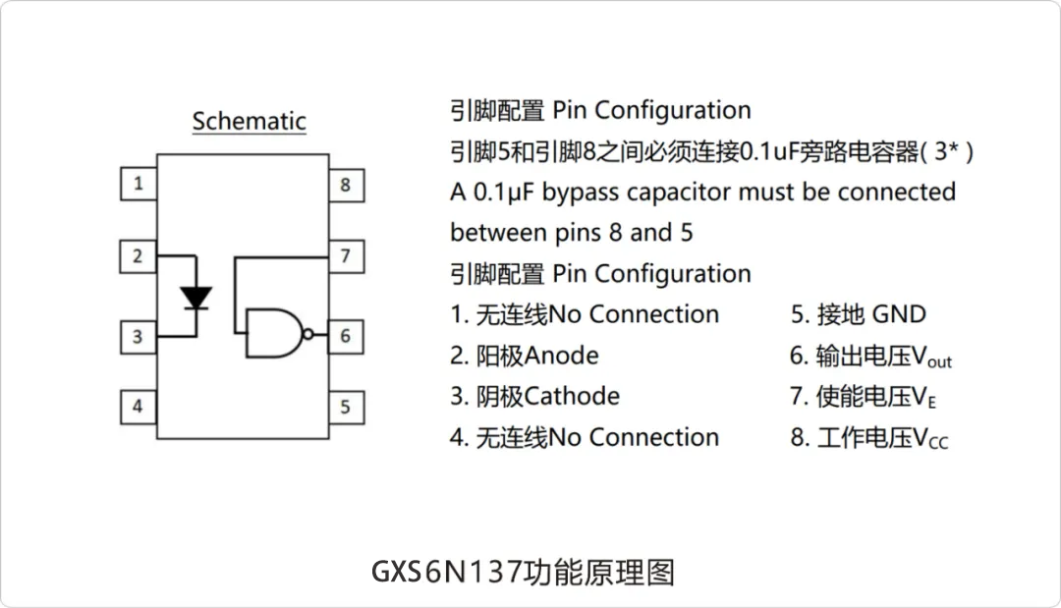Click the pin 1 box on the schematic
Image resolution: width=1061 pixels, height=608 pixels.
click(139, 184)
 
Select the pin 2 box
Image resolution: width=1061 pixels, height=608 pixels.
click(139, 256)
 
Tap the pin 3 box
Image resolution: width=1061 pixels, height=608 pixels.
click(139, 337)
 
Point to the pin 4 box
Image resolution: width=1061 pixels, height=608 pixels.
click(139, 406)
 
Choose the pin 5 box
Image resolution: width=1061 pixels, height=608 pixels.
click(346, 406)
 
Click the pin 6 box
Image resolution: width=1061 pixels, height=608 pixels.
click(346, 336)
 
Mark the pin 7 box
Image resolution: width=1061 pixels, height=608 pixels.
click(346, 256)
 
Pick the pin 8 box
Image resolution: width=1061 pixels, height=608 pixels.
click(346, 185)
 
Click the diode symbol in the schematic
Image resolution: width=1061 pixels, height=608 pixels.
click(197, 297)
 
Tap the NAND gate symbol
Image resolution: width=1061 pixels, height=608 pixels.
click(274, 334)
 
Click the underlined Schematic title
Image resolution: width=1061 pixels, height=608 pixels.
click(249, 122)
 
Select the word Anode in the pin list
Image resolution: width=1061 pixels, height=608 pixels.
click(561, 355)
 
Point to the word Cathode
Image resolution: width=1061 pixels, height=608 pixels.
click(572, 396)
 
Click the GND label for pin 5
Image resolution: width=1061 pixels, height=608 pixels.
click(899, 314)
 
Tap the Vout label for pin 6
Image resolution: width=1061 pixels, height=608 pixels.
click(933, 357)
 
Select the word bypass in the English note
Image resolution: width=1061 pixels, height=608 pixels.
click(581, 193)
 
